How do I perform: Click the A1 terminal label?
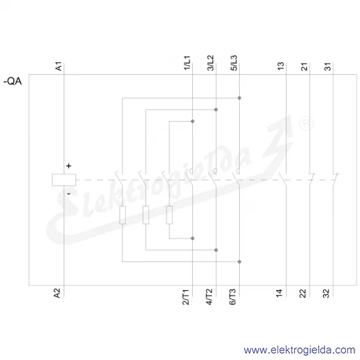[59, 66]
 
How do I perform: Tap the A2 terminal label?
[57, 293]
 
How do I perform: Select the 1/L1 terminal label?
[187, 63]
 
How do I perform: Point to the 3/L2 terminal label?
[210, 63]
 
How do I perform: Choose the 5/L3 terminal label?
[234, 63]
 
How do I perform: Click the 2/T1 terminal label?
[186, 297]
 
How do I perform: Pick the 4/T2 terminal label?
[209, 297]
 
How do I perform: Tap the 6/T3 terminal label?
[233, 297]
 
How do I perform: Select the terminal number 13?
[281, 66]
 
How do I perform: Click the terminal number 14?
[280, 293]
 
